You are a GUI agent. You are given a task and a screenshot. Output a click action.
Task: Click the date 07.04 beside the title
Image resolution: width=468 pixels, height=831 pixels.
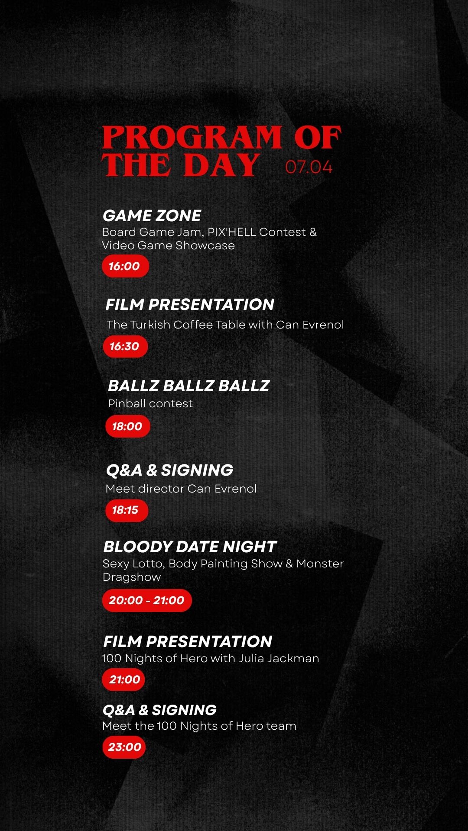coord(309,167)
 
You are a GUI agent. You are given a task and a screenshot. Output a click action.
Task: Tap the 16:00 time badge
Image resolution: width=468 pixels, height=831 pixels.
coord(126,266)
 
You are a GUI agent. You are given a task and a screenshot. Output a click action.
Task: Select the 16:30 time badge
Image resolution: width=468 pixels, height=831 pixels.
coord(125,346)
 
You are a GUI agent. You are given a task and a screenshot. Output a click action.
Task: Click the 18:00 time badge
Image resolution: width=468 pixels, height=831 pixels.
coord(128,426)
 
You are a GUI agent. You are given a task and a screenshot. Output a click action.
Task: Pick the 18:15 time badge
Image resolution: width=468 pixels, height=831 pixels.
coord(127,510)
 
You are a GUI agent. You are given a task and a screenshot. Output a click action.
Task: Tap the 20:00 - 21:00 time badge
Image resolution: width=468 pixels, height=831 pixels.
coord(147,600)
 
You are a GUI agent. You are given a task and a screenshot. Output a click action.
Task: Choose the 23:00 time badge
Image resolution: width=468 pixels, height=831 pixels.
coord(124,747)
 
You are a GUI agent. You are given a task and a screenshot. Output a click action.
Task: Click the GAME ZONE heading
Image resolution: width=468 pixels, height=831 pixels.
coord(152,216)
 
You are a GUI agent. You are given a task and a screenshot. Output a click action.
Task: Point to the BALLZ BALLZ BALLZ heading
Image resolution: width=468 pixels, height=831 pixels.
coord(188,386)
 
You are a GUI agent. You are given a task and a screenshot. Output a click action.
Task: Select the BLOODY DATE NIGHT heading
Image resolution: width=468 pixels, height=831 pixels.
coord(190,547)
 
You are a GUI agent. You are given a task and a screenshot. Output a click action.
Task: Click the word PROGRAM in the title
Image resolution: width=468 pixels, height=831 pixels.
coord(192,137)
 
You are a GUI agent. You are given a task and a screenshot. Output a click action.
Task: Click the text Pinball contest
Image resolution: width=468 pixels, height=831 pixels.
coord(150,403)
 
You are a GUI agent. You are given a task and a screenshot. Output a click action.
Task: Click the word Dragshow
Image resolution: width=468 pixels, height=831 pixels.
coord(132,577)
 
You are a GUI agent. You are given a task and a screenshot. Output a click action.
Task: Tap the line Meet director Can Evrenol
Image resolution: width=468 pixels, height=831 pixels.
coord(181,489)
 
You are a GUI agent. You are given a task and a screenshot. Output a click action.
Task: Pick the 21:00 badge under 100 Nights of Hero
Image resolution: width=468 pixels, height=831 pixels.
coord(123,680)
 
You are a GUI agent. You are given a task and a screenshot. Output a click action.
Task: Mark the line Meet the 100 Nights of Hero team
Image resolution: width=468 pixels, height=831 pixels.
coord(199,726)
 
